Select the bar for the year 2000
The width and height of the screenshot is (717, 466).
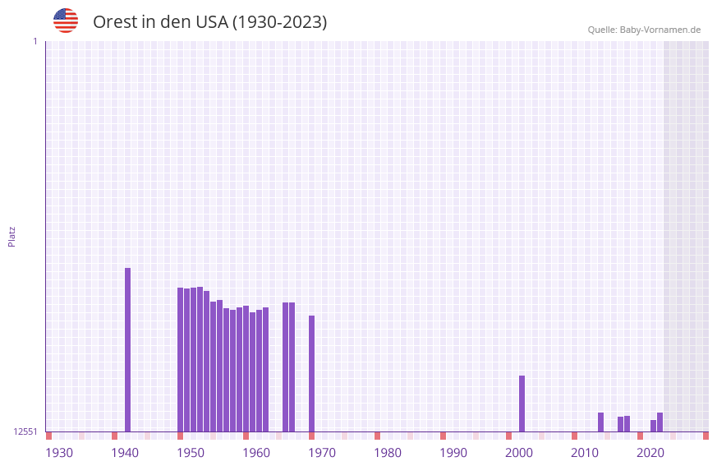click(522, 404)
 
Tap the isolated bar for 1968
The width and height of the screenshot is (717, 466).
click(311, 373)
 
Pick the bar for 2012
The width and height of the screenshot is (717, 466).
click(600, 422)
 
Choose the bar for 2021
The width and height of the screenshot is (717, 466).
click(660, 422)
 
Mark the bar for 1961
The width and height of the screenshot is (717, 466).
click(265, 369)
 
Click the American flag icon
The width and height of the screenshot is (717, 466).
click(66, 21)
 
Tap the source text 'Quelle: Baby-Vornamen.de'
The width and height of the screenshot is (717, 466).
click(644, 30)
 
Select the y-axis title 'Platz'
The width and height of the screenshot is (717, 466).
click(11, 236)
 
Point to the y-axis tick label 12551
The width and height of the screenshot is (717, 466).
click(25, 431)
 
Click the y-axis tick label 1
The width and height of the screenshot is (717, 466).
click(34, 41)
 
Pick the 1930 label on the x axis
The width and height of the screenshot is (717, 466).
click(59, 453)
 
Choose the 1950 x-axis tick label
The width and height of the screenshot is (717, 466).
click(191, 453)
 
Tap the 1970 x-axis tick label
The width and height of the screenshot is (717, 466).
click(322, 453)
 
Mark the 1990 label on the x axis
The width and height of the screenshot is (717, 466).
click(453, 453)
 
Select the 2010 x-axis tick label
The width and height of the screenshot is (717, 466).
click(585, 453)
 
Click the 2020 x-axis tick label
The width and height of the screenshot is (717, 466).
click(650, 453)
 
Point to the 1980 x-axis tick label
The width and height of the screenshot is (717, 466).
click(388, 453)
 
